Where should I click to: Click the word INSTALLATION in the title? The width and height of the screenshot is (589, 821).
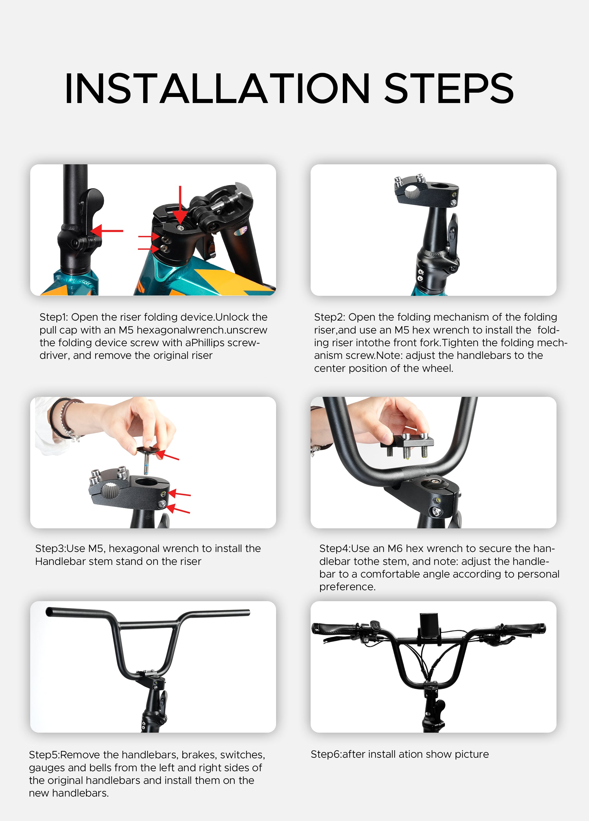(x=217, y=89)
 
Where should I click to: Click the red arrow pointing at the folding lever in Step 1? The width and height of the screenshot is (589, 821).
(x=107, y=231)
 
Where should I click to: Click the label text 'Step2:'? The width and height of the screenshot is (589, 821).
(x=329, y=317)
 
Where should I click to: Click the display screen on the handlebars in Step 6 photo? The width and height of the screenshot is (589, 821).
(x=429, y=624)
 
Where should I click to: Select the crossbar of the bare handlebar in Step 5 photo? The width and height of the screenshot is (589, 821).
(x=148, y=624)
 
